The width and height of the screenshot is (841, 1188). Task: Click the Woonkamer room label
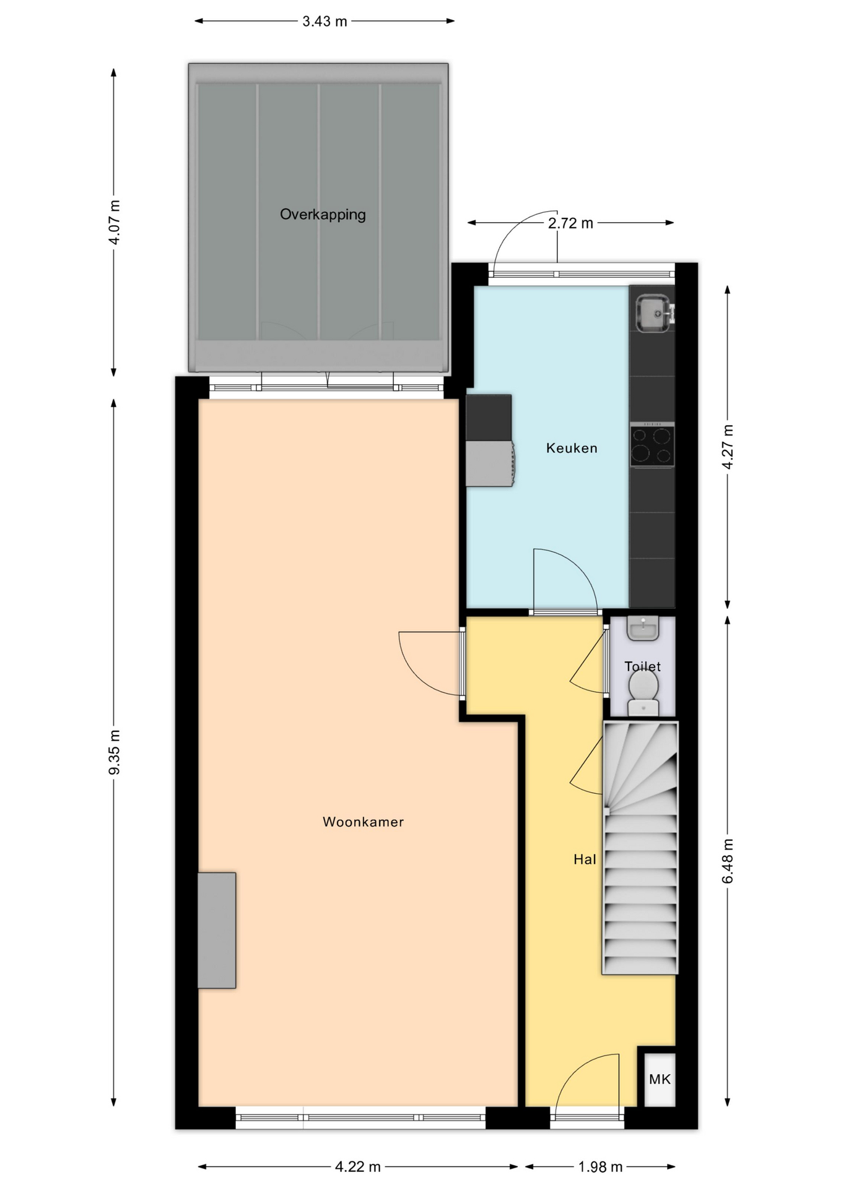[x=363, y=822]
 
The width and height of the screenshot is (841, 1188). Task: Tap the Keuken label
[x=572, y=448]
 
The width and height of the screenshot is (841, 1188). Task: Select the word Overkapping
[x=323, y=215]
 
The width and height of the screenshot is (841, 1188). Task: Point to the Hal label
[x=585, y=859]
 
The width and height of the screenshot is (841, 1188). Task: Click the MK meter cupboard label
[x=660, y=1079]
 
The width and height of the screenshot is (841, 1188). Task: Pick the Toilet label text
[x=642, y=666]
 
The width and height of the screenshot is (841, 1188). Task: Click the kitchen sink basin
[x=651, y=312]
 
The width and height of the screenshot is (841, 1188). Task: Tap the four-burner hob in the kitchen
[x=652, y=445]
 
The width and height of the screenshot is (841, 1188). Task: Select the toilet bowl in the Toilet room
[x=643, y=693]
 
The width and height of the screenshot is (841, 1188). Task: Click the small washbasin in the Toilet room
[x=643, y=628]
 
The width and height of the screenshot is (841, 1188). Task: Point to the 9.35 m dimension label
[x=115, y=752]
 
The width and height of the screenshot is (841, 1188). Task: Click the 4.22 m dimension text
[x=358, y=1167]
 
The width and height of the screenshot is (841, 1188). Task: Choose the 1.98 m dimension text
[x=600, y=1167]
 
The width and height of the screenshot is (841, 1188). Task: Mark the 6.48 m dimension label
[x=728, y=861]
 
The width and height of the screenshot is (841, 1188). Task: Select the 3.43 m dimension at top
[x=325, y=22]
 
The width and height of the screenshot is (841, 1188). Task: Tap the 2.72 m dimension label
[x=570, y=223]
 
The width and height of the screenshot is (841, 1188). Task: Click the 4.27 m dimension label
[x=728, y=447]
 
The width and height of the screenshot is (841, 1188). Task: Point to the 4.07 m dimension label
[x=115, y=222]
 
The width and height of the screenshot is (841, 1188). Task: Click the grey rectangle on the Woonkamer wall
[x=217, y=930]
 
